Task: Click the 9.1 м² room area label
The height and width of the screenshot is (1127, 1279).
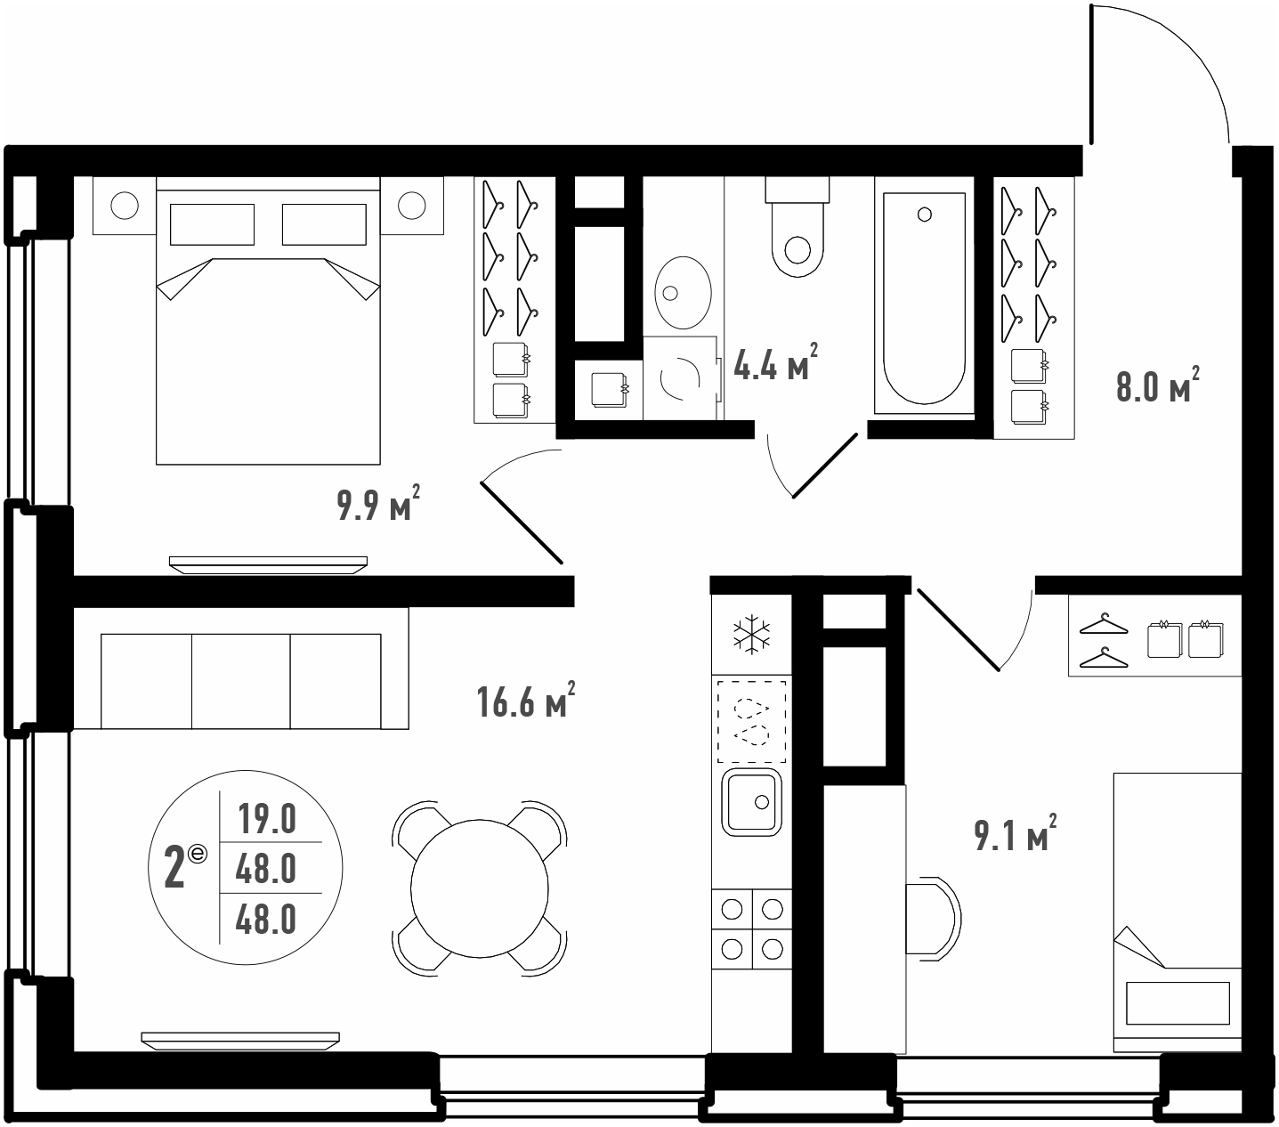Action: (1016, 832)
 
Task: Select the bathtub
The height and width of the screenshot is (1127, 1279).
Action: (924, 296)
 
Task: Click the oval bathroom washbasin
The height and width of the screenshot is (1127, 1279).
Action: (683, 292)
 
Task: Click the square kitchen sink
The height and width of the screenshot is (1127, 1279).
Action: (752, 802)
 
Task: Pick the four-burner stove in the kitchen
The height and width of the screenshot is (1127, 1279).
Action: (752, 928)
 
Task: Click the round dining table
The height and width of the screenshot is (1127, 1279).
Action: (479, 889)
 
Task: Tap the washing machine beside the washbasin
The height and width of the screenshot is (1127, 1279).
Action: (681, 377)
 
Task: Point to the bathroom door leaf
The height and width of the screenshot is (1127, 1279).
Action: (824, 466)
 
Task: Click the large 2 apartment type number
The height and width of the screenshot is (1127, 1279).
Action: (174, 868)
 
